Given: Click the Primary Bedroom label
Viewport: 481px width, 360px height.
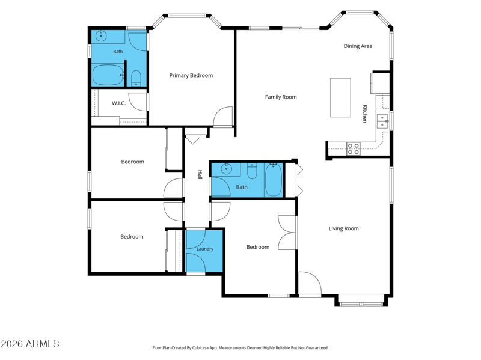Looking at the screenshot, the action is (191, 76).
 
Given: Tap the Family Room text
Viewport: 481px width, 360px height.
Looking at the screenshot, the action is (281, 97).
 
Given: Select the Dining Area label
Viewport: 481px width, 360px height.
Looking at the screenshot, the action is (358, 46).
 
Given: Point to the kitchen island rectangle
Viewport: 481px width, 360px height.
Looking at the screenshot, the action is (340, 97).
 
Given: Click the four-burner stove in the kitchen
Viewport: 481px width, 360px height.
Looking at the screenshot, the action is (353, 148).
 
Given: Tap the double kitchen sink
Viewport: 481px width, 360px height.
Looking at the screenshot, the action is (382, 121).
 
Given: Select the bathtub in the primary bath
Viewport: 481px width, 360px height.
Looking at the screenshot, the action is (108, 75).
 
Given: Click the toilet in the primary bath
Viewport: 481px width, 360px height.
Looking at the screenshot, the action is (136, 78).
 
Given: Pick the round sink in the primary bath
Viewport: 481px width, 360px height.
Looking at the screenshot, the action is (101, 36).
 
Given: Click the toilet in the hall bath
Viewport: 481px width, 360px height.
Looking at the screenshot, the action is (252, 171).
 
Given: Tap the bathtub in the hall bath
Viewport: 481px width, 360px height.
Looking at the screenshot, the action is (274, 180).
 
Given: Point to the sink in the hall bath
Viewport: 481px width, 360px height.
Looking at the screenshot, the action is (227, 168).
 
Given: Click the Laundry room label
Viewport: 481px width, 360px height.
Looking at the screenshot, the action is (205, 249).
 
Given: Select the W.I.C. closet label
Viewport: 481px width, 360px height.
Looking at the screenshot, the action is (118, 103).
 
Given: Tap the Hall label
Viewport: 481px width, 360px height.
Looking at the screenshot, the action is (200, 175).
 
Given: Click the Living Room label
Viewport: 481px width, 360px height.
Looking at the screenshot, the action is (343, 228).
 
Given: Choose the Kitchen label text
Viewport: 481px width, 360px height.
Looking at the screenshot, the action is (365, 114).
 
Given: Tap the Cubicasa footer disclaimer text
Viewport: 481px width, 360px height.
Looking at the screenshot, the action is (240, 348).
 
